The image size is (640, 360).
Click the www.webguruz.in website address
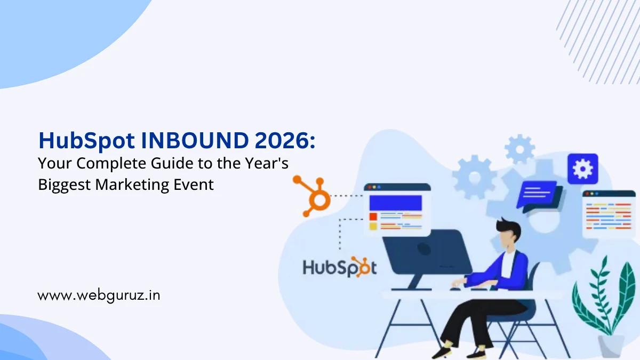pos(99,294)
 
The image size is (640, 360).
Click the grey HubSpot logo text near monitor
pos(339,267)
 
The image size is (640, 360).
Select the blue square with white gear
pos(582,169)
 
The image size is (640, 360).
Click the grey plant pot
pos(610,345)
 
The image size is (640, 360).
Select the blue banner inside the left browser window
pos(396,203)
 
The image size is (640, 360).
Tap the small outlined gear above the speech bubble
pos(520,148)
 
